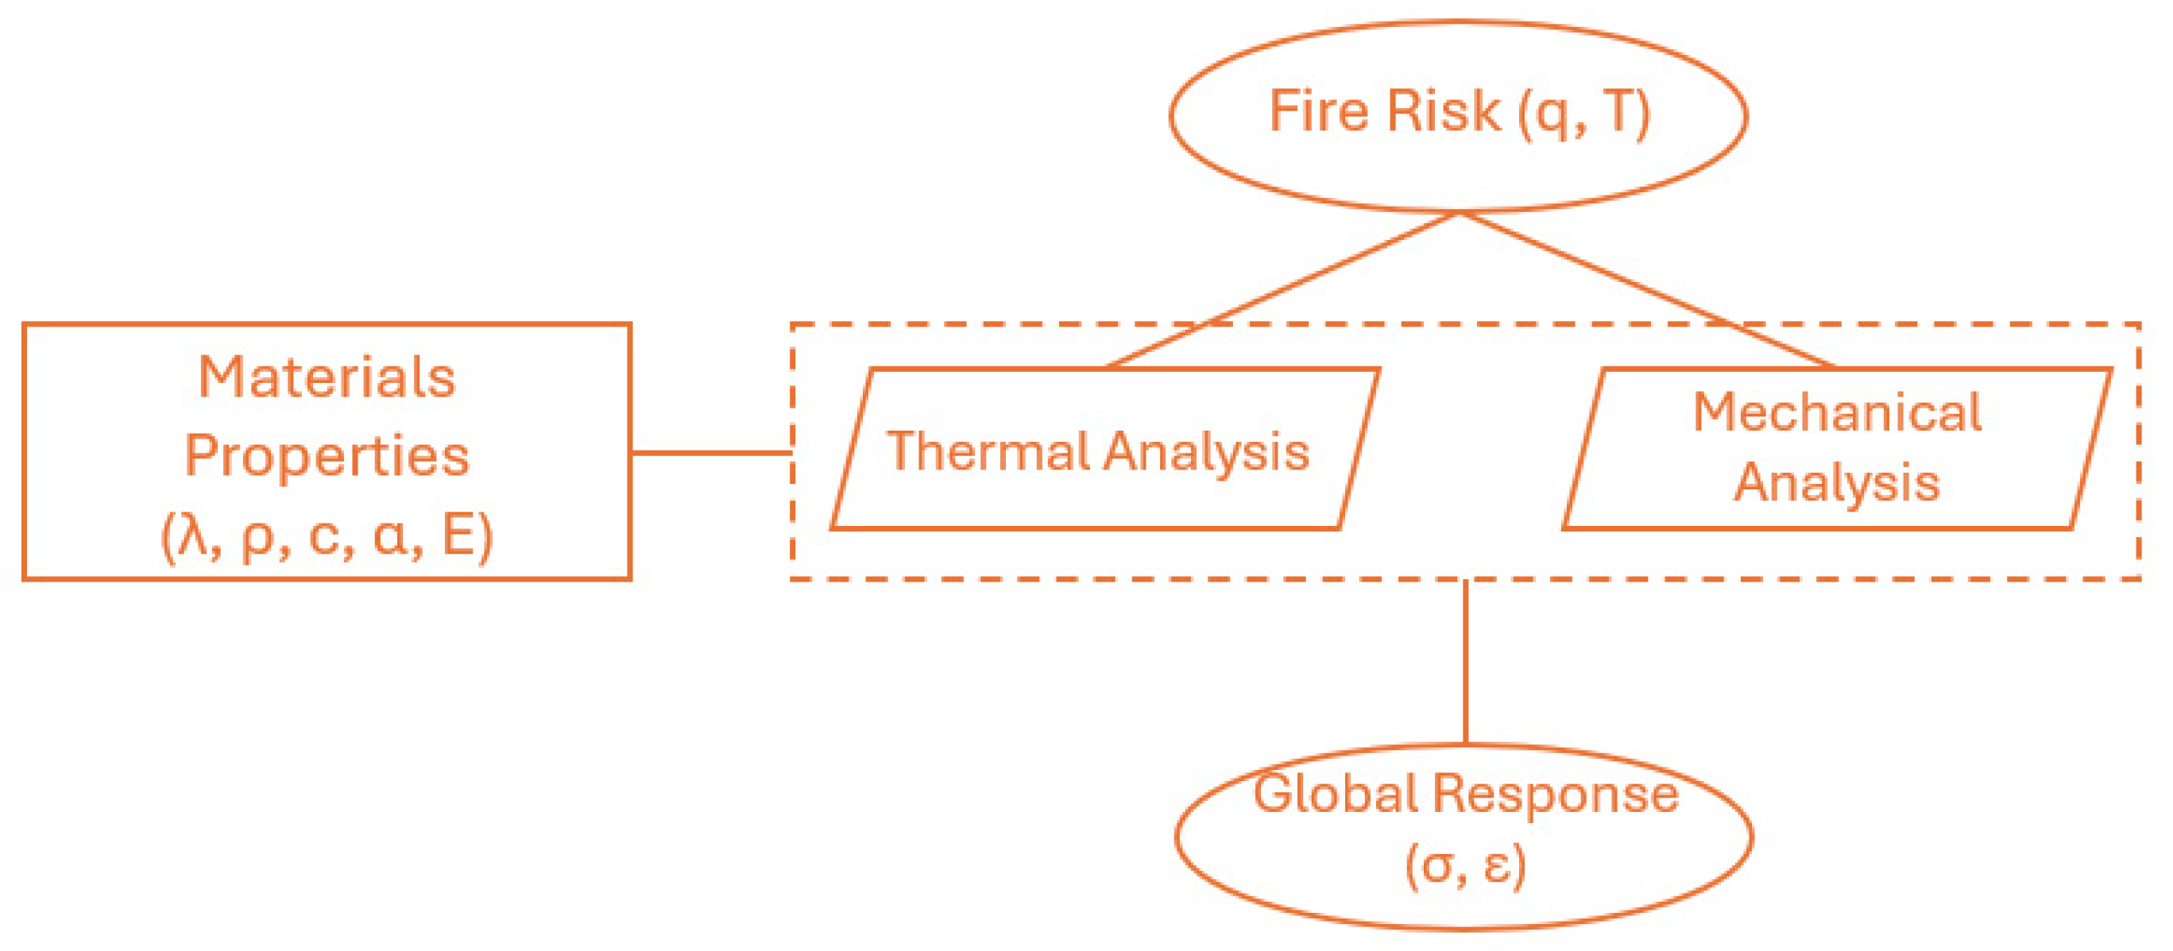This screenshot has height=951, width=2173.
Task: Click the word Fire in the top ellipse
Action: click(x=1317, y=111)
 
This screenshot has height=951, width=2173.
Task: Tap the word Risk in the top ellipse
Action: click(x=1444, y=111)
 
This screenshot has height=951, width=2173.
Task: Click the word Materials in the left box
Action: click(x=327, y=377)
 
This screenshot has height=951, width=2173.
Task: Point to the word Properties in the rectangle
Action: click(x=327, y=457)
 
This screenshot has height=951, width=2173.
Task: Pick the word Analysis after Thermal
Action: click(x=1206, y=452)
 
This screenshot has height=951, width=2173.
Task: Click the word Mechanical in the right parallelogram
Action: click(x=1837, y=412)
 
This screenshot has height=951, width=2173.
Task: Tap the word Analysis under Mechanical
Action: click(x=1837, y=484)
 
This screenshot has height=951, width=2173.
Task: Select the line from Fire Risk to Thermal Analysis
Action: click(x=1282, y=291)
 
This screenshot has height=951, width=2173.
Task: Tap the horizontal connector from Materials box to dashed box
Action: click(x=711, y=452)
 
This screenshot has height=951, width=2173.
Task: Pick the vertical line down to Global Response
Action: click(x=1466, y=663)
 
